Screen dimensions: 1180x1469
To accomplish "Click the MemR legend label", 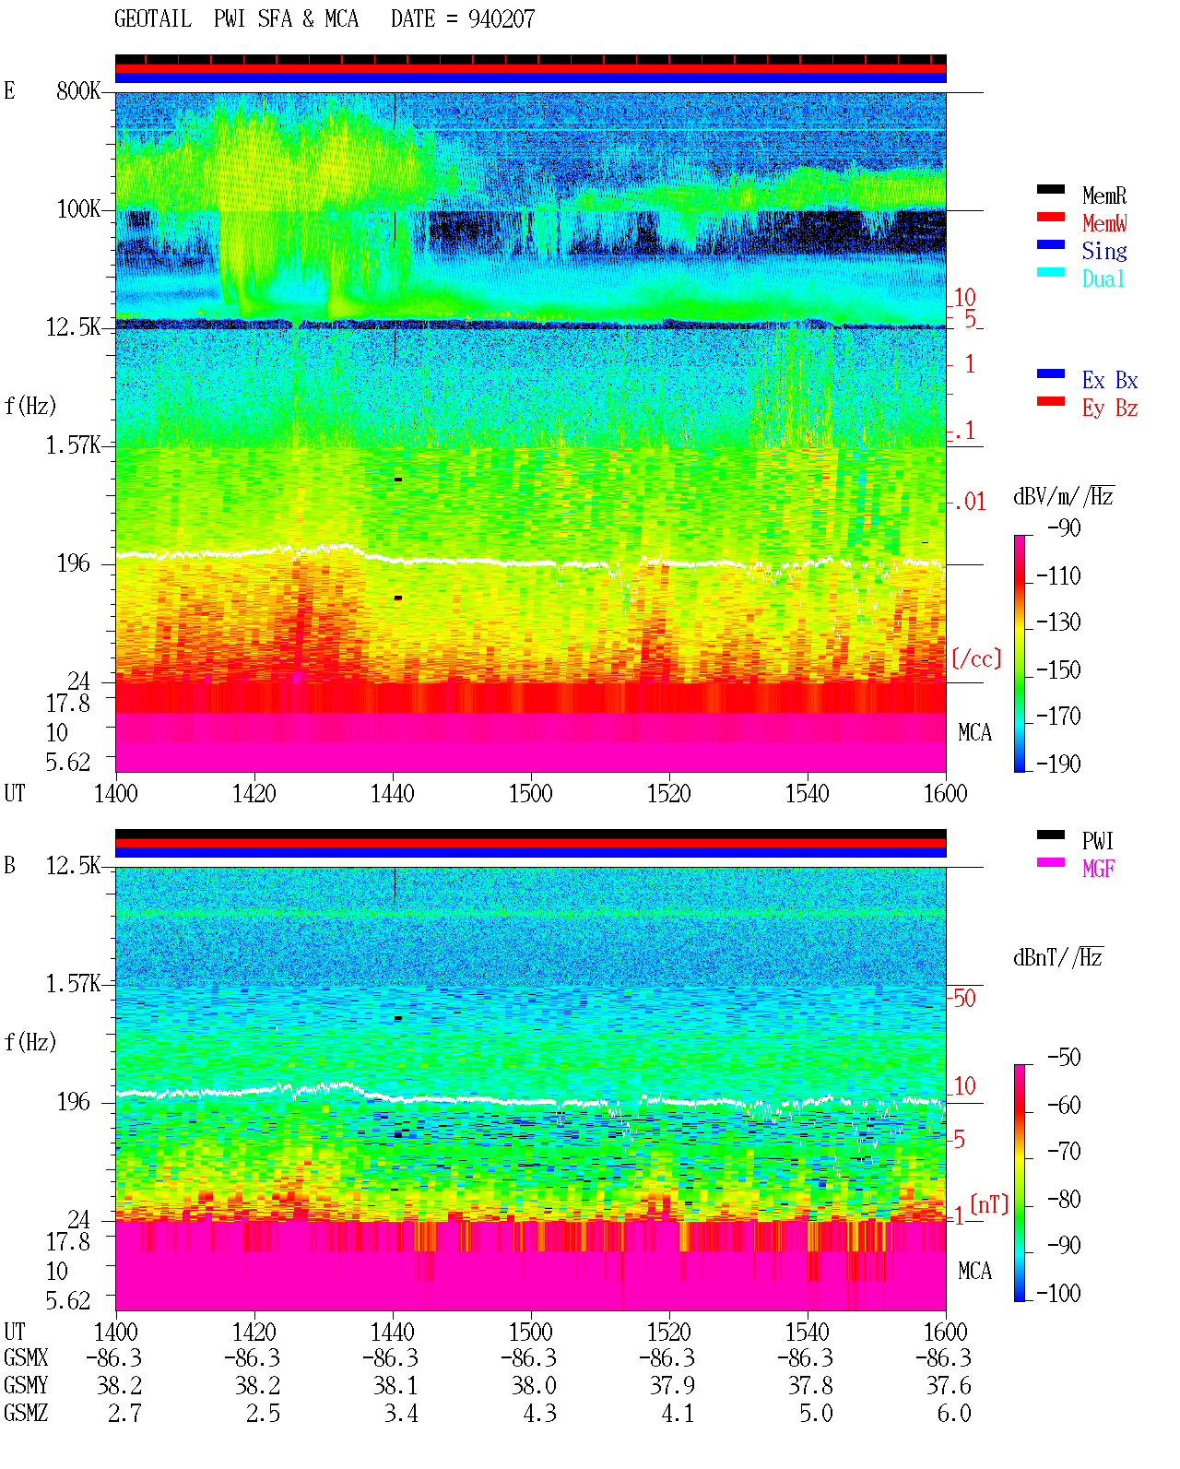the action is (x=1103, y=195).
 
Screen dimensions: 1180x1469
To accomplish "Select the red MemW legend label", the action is (x=1104, y=223).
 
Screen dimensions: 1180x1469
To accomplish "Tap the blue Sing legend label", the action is (x=1103, y=251).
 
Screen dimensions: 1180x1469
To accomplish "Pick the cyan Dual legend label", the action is (x=1103, y=278).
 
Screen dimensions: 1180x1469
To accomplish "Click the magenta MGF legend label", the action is (x=1098, y=869).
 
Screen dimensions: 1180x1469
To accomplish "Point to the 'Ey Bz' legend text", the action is (x=1110, y=409).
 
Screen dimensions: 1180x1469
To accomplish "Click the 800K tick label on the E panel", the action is (x=78, y=90).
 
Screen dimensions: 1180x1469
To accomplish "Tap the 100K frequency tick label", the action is (x=78, y=209).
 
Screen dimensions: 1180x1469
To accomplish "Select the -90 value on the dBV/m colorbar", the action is (x=1064, y=527).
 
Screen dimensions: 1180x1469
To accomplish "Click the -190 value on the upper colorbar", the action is (x=1058, y=764).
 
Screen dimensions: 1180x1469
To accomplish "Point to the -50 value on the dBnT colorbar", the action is (x=1064, y=1058).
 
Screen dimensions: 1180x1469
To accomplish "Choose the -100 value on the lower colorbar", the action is (x=1058, y=1293).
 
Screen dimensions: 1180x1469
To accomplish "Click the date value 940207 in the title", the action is (x=501, y=19).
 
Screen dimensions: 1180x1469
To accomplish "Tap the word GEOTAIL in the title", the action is (x=153, y=19).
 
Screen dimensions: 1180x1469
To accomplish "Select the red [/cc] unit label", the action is (x=976, y=658).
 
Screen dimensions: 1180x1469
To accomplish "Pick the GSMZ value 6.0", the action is (x=953, y=1413).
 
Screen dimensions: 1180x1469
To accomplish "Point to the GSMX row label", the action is (x=26, y=1357).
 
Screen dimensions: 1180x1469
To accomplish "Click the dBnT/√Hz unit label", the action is (x=1058, y=957).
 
